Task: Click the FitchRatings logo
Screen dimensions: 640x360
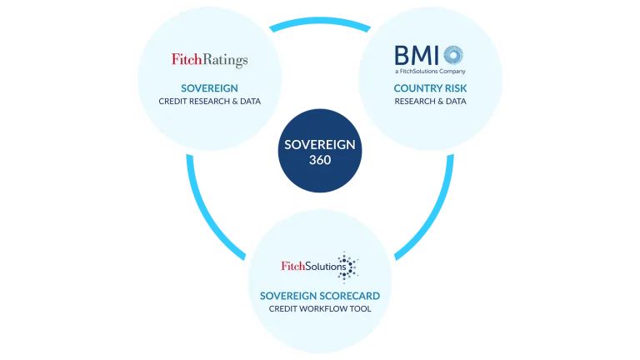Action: [x=209, y=60]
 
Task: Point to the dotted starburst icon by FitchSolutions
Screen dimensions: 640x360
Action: [x=346, y=267]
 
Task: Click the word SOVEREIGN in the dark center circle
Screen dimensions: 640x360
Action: [x=320, y=144]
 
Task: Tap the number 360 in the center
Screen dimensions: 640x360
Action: [x=320, y=160]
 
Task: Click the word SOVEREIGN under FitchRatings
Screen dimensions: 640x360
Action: [x=209, y=87]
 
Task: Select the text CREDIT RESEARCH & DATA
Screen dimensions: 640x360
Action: [x=209, y=102]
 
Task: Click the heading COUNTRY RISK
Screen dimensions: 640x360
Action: [x=430, y=87]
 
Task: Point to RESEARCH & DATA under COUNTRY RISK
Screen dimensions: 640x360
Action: [x=430, y=102]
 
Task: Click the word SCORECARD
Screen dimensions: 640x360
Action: [x=352, y=296]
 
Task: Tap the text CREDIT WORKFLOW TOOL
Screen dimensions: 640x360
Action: [x=320, y=309]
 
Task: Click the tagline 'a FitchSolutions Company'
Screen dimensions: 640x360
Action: [x=430, y=72]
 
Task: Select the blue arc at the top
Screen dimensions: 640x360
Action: [x=320, y=22]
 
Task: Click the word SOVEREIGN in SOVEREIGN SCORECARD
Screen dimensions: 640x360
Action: [x=288, y=296]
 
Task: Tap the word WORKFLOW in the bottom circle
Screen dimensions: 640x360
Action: [x=323, y=309]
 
